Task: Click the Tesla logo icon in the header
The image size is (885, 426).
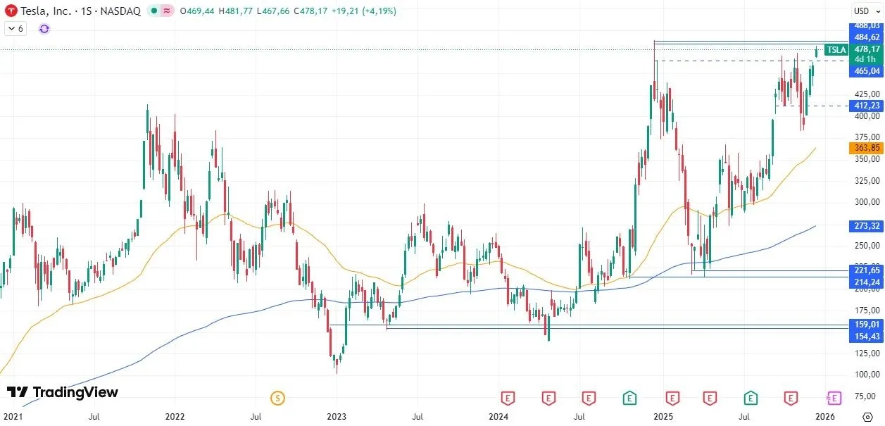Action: click(11, 11)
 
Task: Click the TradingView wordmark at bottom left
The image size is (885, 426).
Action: click(63, 392)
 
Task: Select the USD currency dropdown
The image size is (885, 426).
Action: click(862, 11)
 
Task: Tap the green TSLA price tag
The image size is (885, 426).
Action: click(836, 49)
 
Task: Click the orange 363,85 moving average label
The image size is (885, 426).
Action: click(865, 148)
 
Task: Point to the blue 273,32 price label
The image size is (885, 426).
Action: click(865, 226)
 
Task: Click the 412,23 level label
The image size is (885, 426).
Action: click(865, 106)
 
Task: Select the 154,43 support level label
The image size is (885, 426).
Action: click(865, 337)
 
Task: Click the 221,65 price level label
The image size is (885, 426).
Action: click(865, 270)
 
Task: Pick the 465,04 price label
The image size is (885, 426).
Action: click(865, 71)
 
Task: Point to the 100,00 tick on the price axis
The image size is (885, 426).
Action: click(865, 374)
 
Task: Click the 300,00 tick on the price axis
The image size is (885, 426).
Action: click(865, 202)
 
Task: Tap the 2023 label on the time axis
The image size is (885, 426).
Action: click(337, 417)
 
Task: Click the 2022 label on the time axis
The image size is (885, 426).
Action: click(174, 417)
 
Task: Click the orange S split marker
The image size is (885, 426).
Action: click(277, 399)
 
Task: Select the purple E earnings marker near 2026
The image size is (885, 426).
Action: click(834, 399)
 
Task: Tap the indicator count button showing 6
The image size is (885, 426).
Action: click(15, 29)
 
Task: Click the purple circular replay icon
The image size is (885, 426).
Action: click(44, 29)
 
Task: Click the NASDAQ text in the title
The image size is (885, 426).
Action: click(123, 11)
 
